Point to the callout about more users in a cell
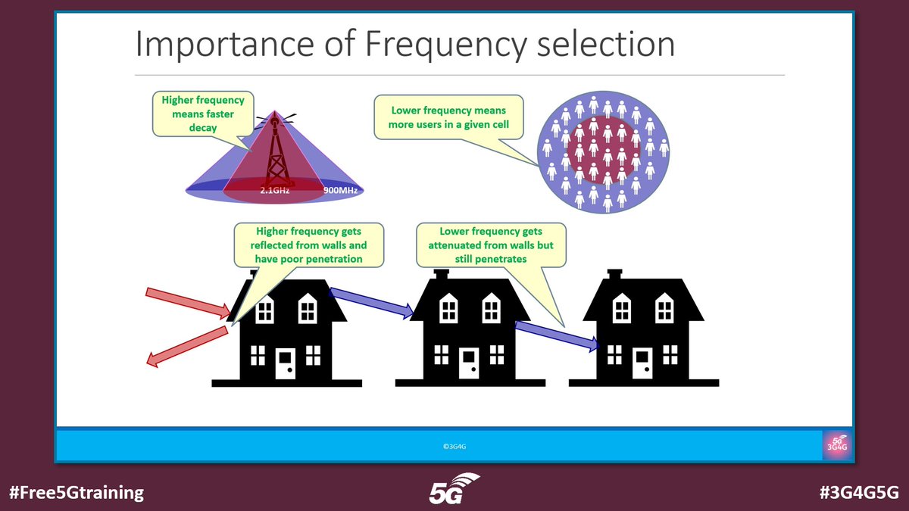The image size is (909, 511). pos(448,117)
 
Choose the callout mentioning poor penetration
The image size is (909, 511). pos(308,245)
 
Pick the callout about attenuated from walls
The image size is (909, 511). pos(491,245)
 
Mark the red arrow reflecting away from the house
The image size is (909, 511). pos(186,347)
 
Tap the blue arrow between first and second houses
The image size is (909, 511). pos(372,301)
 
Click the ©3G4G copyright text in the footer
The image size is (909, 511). pos(454,447)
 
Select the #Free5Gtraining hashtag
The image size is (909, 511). pos(76,492)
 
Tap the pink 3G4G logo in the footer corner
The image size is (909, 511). pos(837,445)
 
